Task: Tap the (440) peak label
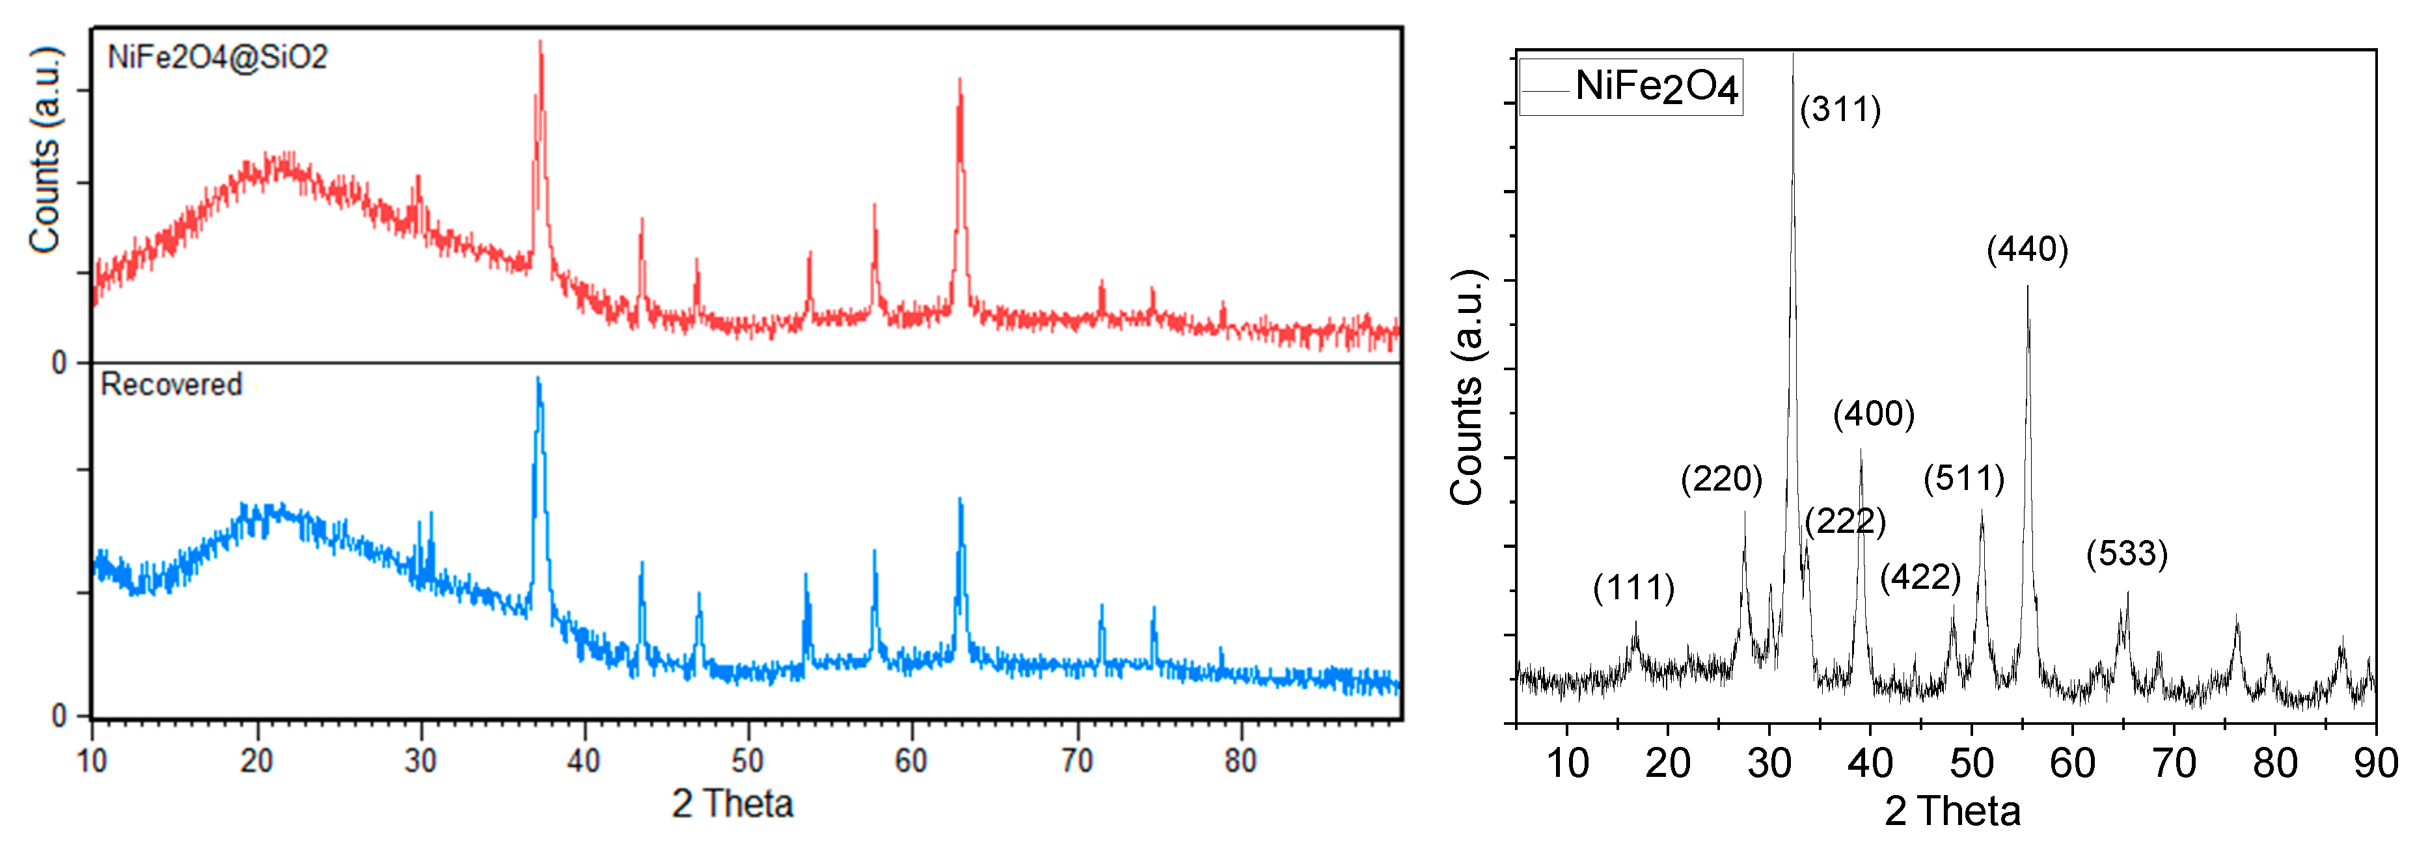click(2027, 249)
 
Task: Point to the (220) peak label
click(1721, 479)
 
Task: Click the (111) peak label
click(1633, 588)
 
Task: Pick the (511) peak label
click(1964, 479)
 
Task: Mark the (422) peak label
click(1920, 576)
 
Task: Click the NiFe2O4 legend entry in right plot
click(1656, 87)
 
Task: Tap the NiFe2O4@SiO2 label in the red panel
click(217, 57)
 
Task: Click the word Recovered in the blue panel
click(172, 385)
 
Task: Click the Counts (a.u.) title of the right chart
click(1467, 387)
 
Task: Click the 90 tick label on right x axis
click(2375, 763)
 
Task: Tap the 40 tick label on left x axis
click(583, 760)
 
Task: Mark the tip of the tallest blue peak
click(538, 379)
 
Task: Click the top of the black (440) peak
click(2028, 287)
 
